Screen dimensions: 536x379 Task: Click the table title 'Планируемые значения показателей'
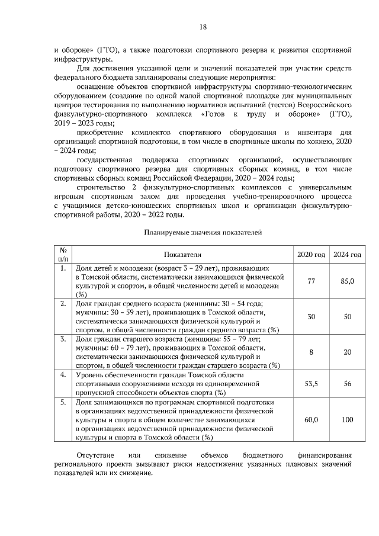point(203,233)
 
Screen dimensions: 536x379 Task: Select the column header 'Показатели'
point(184,254)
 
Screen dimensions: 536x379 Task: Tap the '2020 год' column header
point(311,254)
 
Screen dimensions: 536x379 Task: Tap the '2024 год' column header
point(347,254)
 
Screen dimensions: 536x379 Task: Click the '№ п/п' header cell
point(63,254)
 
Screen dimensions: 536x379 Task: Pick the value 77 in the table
point(311,281)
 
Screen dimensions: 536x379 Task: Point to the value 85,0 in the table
point(347,281)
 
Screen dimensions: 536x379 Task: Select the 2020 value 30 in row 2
point(311,317)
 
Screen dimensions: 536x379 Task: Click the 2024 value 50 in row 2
point(347,317)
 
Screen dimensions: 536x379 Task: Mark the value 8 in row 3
point(311,352)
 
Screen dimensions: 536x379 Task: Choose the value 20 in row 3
point(347,352)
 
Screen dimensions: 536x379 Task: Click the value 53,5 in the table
point(311,384)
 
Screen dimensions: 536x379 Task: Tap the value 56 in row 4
point(347,384)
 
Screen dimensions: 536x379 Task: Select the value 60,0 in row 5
point(311,419)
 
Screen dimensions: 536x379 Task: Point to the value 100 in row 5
point(347,419)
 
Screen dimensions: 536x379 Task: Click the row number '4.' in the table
point(63,375)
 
